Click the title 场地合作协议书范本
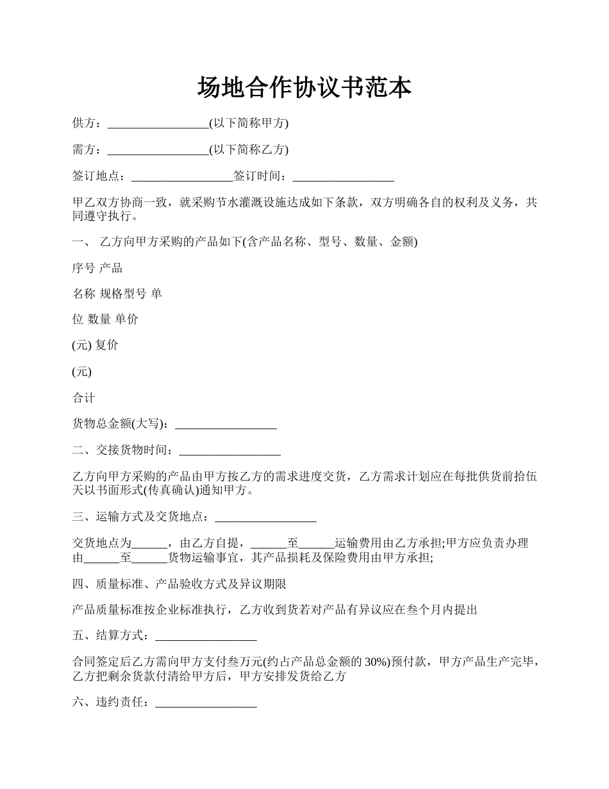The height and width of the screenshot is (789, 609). point(304,88)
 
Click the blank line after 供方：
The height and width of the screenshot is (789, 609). point(158,124)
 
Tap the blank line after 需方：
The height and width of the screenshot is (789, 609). point(158,150)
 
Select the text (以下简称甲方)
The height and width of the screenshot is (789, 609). point(249,124)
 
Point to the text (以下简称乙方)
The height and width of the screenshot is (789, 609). point(249,150)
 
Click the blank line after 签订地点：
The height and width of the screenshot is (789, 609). point(182,176)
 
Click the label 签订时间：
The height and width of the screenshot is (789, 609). point(263,176)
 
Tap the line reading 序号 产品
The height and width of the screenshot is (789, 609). point(97,268)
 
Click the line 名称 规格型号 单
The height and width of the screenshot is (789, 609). point(117,294)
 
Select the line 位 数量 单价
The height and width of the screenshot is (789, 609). point(105,319)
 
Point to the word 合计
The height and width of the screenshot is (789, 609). point(84,398)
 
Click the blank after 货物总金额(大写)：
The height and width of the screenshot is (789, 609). point(226,424)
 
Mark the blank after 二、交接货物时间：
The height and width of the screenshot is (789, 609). point(229,451)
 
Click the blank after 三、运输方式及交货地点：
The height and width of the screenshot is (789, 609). point(265,516)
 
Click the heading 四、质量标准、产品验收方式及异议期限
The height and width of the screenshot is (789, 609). point(179,584)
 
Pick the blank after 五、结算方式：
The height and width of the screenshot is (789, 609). point(206,636)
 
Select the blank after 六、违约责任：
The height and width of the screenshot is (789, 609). point(206,703)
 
